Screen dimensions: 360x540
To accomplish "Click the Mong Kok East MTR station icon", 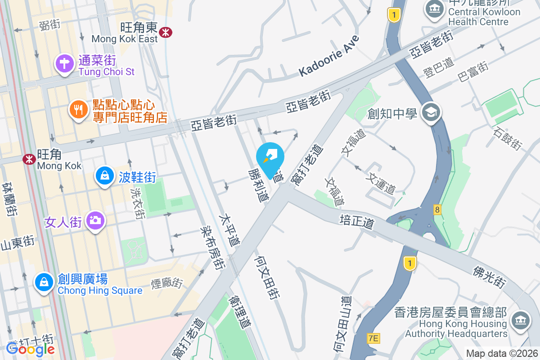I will (166, 31).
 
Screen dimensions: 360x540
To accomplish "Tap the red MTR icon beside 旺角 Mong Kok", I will (30, 158).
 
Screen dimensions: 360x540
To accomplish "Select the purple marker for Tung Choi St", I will (64, 63).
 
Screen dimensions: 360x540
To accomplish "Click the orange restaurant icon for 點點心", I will (79, 110).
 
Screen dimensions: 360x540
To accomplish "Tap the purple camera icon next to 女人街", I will (95, 220).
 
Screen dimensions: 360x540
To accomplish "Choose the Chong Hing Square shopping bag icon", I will (44, 282).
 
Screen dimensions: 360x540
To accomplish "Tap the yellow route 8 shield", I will (437, 209).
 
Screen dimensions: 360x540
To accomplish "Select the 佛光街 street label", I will (490, 276).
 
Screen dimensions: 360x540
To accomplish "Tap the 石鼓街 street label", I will (508, 139).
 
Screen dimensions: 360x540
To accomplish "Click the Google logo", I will (31, 349).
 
